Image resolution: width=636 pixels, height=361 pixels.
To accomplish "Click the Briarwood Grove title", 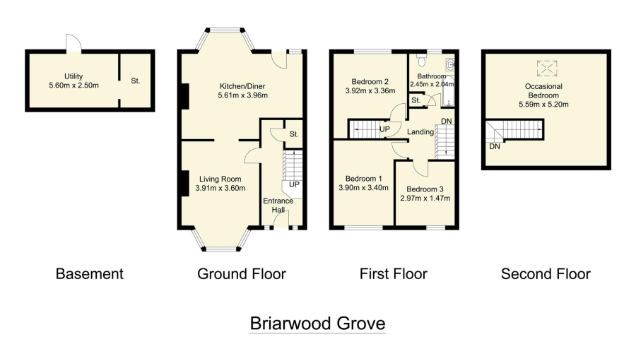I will [x=317, y=324].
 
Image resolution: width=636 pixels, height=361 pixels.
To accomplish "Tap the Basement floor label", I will [x=89, y=274].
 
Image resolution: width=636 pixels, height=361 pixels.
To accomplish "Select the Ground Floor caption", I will [x=242, y=274].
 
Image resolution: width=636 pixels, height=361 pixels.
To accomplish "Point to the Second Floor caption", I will [x=545, y=274].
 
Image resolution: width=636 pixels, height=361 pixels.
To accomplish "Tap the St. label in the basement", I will [x=136, y=81].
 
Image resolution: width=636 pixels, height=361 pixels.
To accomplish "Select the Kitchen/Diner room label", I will [x=242, y=87].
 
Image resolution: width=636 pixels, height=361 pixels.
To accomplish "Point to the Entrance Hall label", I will [x=278, y=206].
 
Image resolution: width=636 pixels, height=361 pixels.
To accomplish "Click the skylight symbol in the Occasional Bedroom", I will [x=546, y=68].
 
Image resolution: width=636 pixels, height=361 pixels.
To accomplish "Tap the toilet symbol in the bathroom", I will [x=422, y=57].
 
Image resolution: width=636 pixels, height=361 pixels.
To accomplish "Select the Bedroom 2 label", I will [x=367, y=81].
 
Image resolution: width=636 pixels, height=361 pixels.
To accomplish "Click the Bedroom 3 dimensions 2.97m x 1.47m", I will [x=428, y=199].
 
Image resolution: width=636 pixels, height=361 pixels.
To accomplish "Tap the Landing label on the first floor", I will [x=420, y=132].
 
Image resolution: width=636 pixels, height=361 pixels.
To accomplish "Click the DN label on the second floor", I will [x=495, y=146].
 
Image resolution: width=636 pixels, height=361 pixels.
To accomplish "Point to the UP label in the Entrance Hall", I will [x=295, y=184].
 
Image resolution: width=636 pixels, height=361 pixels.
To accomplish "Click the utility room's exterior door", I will [x=73, y=44].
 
